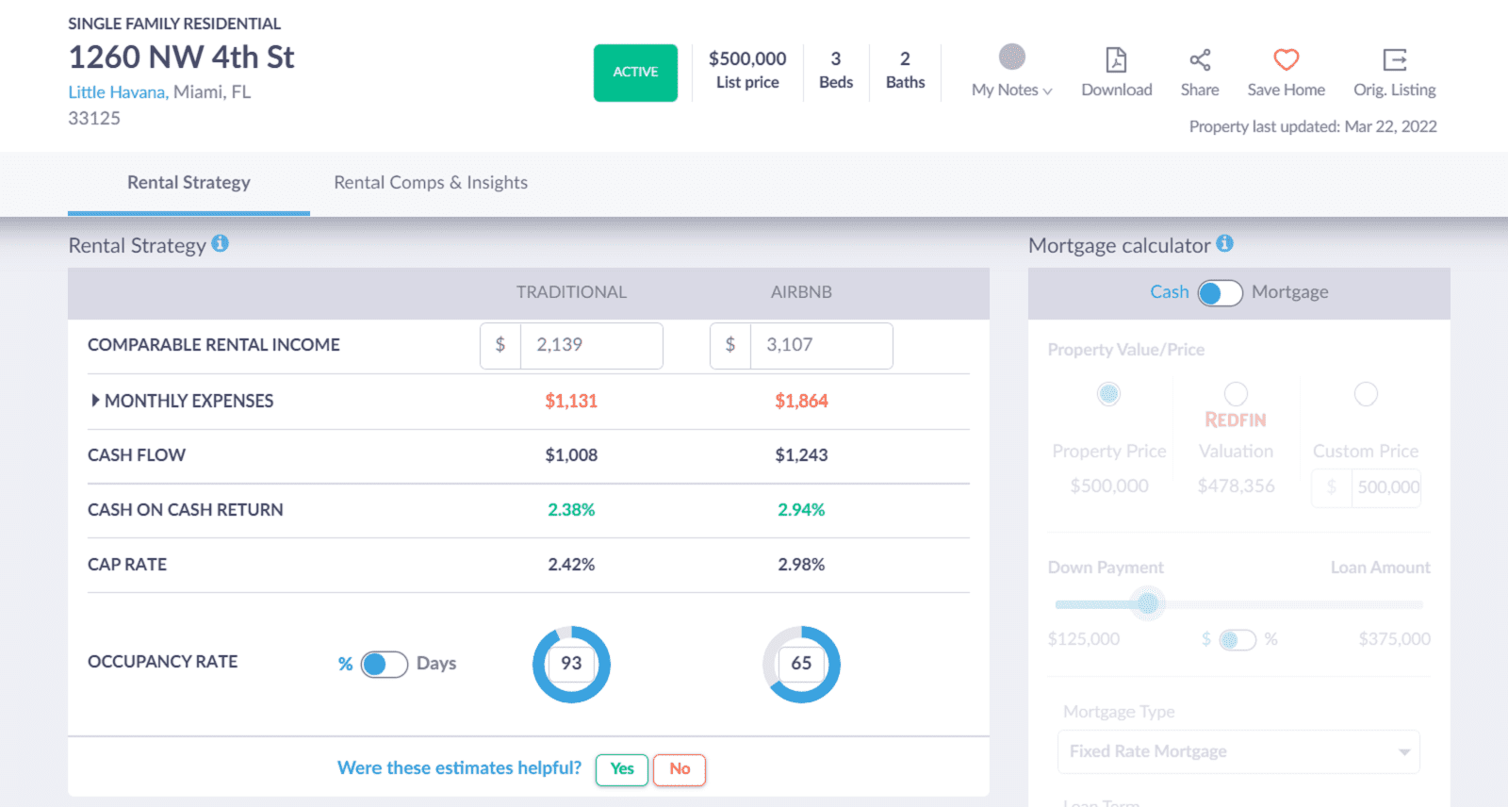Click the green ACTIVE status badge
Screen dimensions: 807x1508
[x=635, y=73]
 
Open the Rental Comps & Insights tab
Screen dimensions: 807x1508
[x=431, y=183]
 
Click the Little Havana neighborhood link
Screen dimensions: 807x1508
[x=117, y=92]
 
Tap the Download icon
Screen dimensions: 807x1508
[x=1116, y=60]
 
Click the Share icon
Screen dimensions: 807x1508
[x=1200, y=60]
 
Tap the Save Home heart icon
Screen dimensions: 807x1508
[x=1286, y=60]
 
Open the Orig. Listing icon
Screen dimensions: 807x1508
[x=1394, y=60]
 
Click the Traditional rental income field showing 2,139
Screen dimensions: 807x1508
[x=590, y=345]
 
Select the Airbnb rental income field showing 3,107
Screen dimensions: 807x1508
[x=820, y=345]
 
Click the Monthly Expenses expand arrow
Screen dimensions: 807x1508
[x=95, y=401]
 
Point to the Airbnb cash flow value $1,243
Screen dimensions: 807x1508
[x=801, y=455]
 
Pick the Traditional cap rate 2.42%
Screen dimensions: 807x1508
[x=571, y=565]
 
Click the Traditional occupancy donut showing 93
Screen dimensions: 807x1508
[x=571, y=664]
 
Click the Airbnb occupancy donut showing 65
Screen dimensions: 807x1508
[x=801, y=664]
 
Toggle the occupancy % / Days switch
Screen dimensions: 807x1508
[x=384, y=665]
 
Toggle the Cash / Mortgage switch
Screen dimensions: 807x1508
[x=1220, y=293]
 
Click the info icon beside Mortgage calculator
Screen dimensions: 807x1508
[x=1224, y=243]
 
